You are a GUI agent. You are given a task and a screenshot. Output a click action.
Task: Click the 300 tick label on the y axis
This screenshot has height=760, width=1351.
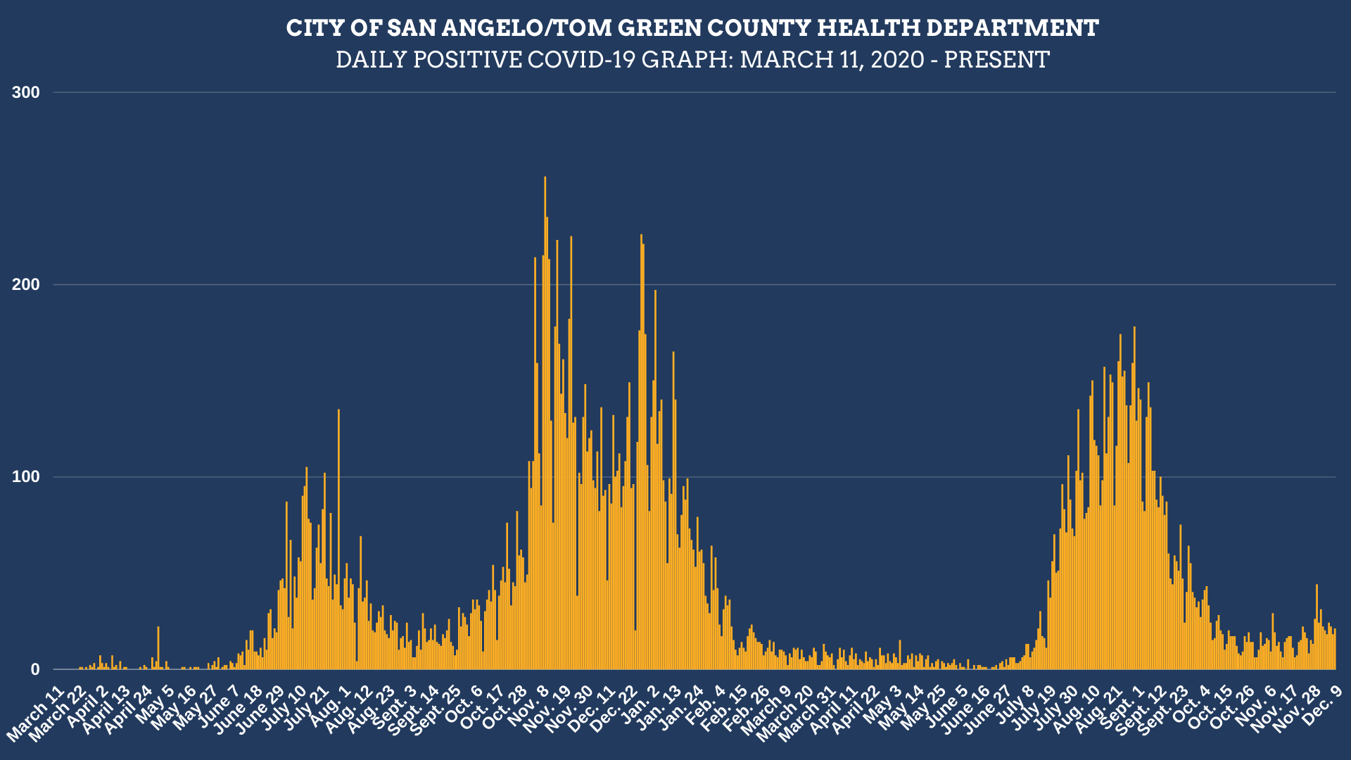click(27, 92)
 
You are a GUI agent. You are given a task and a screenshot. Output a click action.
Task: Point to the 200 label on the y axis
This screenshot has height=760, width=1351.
click(27, 284)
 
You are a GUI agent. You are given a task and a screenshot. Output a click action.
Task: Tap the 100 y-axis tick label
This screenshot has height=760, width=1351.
click(27, 477)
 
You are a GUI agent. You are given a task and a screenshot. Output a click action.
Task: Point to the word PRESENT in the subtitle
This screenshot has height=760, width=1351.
click(996, 60)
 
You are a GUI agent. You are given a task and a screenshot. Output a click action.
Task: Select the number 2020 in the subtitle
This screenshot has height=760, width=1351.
click(897, 60)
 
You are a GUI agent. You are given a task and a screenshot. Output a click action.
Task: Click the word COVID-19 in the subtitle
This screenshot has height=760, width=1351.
click(581, 60)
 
